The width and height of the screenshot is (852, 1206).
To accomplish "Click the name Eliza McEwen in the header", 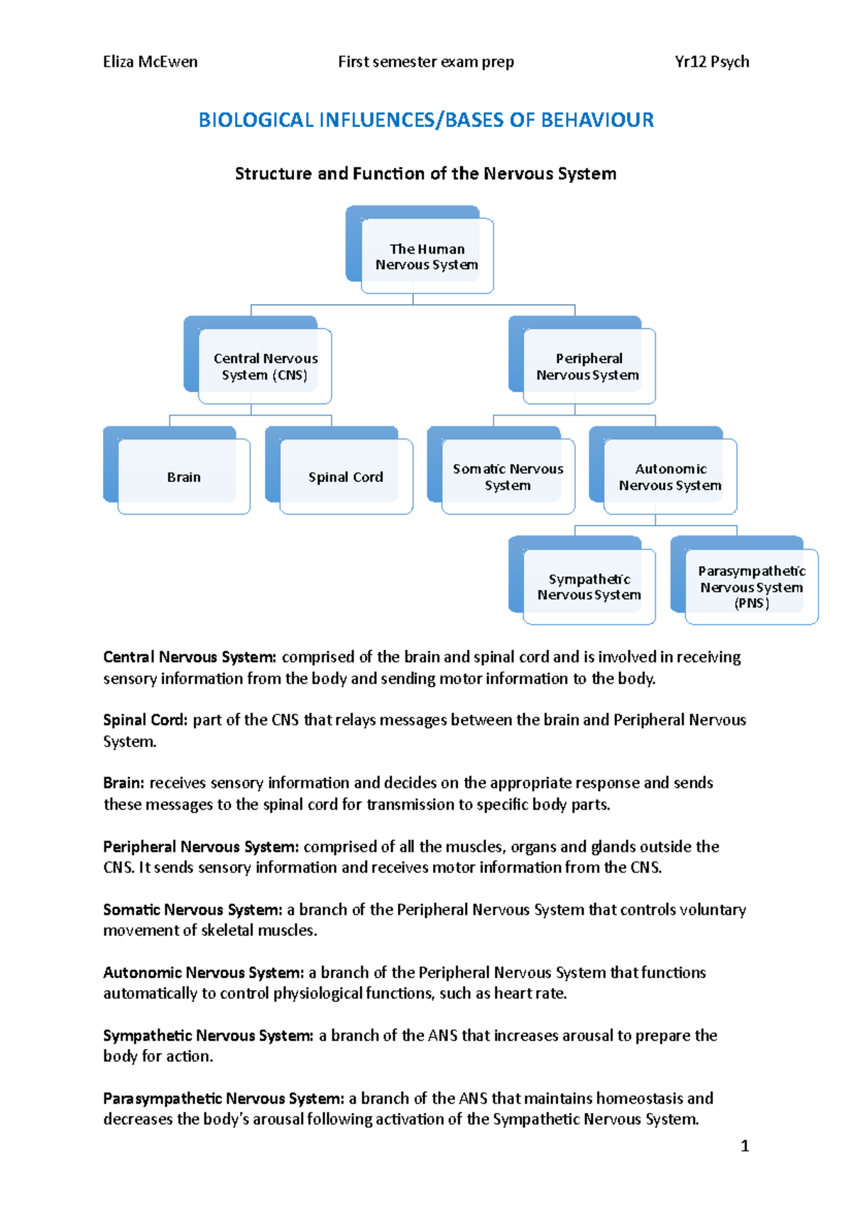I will [150, 62].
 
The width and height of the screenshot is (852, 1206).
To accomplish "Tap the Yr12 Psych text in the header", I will [711, 62].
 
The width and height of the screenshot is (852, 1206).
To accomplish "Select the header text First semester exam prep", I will [425, 62].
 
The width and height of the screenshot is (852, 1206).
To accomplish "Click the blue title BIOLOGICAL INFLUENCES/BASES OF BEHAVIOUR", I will [426, 120].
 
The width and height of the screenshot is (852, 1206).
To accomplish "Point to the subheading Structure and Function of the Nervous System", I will [425, 173].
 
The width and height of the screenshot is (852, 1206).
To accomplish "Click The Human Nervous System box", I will [426, 256].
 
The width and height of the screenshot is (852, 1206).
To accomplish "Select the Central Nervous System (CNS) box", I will [265, 366].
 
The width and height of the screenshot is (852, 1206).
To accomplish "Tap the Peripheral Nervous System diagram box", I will [589, 366].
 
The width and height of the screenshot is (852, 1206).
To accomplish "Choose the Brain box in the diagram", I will [184, 477].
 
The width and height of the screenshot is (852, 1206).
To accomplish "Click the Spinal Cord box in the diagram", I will [346, 477].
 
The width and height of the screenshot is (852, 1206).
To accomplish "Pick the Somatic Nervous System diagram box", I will [508, 477].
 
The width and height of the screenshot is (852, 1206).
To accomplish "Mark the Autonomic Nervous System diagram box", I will [670, 477].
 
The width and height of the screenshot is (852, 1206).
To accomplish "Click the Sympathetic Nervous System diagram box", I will [589, 587].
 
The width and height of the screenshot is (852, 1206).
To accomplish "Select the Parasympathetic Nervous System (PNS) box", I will [751, 587].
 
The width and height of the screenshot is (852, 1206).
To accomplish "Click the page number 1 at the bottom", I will [744, 1146].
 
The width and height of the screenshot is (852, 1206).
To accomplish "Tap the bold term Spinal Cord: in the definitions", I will [145, 719].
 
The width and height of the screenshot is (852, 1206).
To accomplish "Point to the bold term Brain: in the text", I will [124, 783].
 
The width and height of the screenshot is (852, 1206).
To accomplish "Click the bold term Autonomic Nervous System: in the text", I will [203, 972].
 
